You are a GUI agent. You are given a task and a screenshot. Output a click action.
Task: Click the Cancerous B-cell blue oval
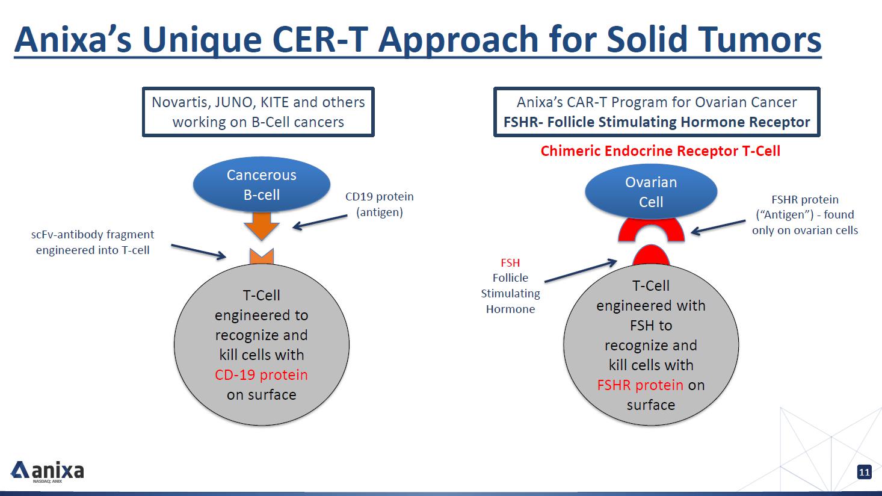pyautogui.click(x=261, y=185)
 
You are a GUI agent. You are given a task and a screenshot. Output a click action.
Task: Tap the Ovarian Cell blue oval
pyautogui.click(x=651, y=192)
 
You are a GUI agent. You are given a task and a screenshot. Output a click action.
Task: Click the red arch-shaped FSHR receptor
pyautogui.click(x=651, y=231)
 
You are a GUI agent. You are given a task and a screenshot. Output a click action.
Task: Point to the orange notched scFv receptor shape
pyautogui.click(x=262, y=256)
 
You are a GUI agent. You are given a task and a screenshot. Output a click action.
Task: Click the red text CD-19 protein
pyautogui.click(x=261, y=375)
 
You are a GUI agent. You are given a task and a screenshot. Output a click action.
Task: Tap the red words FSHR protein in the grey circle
pyautogui.click(x=640, y=385)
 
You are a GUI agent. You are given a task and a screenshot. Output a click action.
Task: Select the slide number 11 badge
pyautogui.click(x=864, y=472)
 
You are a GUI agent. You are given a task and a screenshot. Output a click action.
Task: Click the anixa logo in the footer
pyautogui.click(x=48, y=471)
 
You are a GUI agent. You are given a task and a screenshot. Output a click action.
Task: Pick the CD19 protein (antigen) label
pyautogui.click(x=379, y=204)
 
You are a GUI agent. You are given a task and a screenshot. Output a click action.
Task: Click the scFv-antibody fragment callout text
pyautogui.click(x=93, y=242)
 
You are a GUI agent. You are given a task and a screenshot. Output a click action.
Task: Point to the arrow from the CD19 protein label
pyautogui.click(x=320, y=222)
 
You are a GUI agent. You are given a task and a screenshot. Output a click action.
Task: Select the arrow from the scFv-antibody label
pyautogui.click(x=199, y=252)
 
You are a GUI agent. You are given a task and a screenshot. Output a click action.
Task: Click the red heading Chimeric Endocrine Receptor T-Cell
pyautogui.click(x=660, y=150)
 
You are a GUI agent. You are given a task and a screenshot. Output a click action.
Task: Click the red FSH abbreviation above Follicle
pyautogui.click(x=510, y=263)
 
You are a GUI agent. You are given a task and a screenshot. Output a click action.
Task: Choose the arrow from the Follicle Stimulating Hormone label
pyautogui.click(x=581, y=271)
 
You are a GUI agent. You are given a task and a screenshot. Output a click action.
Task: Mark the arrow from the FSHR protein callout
pyautogui.click(x=718, y=226)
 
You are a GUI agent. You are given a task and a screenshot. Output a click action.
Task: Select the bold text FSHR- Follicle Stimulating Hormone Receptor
pyautogui.click(x=656, y=122)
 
